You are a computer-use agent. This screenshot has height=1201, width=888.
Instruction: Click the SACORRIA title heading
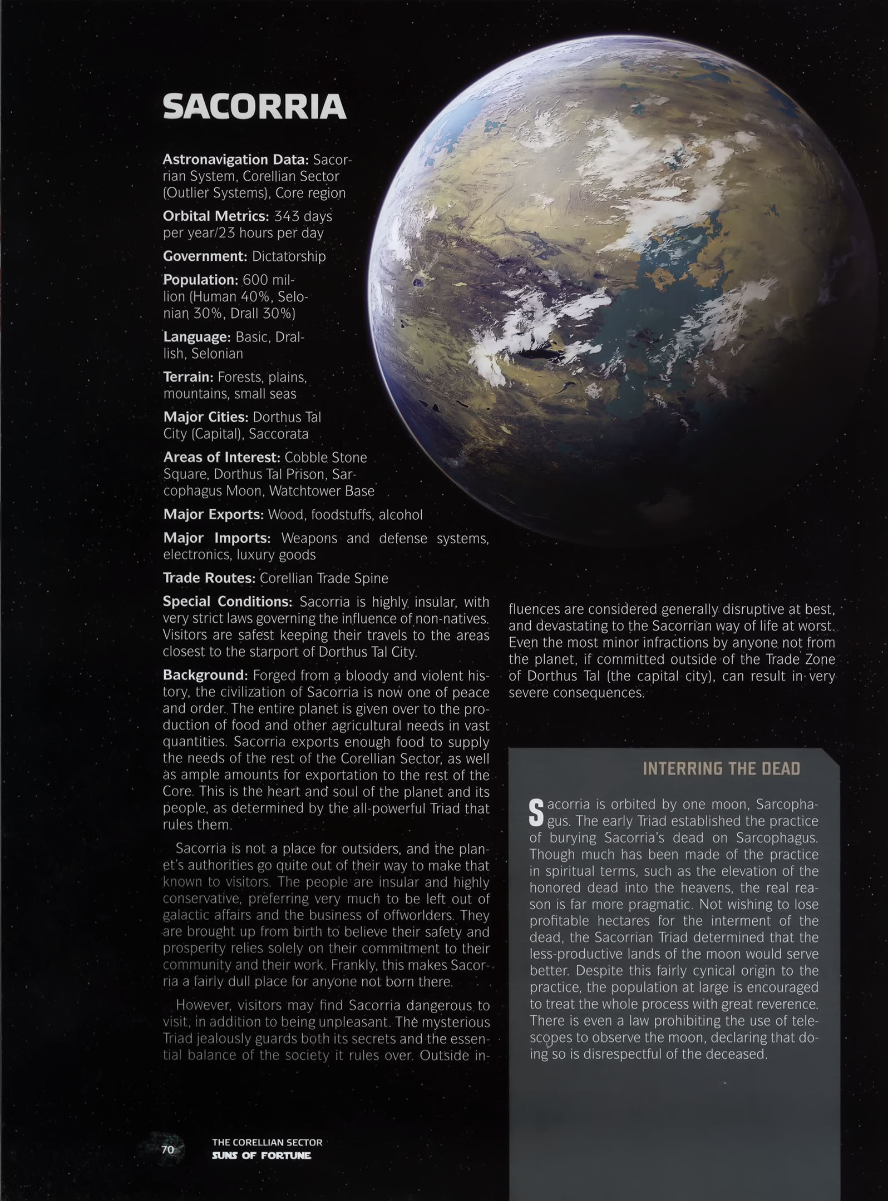point(254,107)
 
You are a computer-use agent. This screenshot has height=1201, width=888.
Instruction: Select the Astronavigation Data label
point(235,160)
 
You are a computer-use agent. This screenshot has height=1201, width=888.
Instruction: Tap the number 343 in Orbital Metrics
point(287,216)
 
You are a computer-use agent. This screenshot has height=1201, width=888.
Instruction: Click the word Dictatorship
point(288,256)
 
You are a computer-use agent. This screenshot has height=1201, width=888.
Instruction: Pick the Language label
point(196,337)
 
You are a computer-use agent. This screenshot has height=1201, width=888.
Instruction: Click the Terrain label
point(188,377)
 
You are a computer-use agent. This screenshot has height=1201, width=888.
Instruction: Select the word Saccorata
point(279,434)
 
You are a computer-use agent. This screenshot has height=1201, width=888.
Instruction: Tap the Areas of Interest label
point(221,458)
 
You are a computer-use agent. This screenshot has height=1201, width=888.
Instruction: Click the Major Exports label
point(213,514)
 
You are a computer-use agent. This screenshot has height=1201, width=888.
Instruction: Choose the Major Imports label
point(216,538)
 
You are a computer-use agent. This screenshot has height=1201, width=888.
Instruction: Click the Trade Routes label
point(209,578)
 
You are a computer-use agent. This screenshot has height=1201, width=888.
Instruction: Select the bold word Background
point(204,675)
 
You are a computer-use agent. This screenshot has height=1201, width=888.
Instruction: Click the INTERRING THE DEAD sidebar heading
point(721,769)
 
